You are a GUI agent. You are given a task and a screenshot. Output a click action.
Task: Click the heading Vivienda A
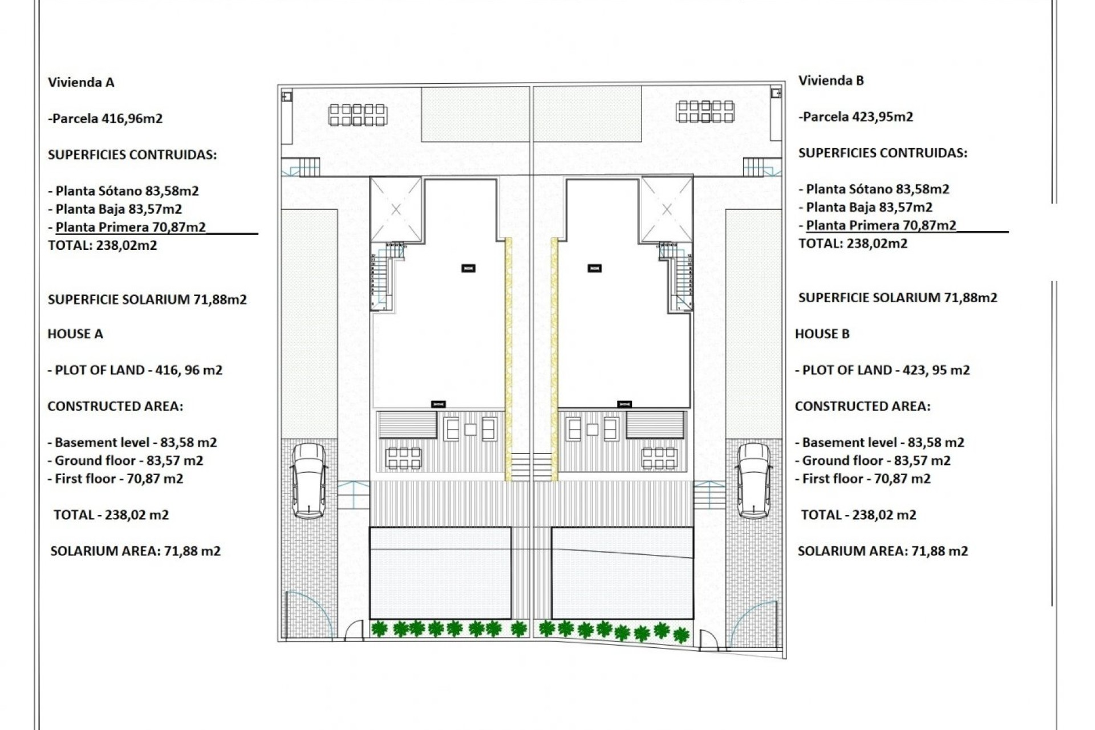[81, 83]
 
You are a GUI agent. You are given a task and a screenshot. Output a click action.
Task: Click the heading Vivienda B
[830, 81]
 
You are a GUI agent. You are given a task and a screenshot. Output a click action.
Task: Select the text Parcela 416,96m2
[106, 119]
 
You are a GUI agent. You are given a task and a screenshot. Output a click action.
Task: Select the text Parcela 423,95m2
[856, 117]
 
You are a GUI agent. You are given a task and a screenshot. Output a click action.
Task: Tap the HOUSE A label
[75, 334]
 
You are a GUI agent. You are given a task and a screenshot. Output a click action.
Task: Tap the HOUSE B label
[822, 334]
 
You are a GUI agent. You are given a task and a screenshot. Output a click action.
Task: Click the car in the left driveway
[309, 481]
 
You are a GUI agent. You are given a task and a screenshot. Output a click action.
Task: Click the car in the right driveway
[753, 481]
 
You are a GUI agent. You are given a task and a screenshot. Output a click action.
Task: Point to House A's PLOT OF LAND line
[135, 370]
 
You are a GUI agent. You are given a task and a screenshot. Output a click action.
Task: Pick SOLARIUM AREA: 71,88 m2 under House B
[882, 551]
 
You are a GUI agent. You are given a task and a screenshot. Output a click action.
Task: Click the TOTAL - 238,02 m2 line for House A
[111, 515]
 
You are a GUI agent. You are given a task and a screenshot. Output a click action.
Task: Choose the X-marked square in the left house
[396, 210]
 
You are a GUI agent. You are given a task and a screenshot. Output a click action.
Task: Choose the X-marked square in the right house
[667, 210]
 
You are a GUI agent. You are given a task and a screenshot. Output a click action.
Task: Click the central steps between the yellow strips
[531, 467]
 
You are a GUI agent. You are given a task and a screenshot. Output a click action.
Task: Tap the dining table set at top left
[358, 115]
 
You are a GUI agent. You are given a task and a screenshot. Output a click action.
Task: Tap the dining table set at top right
[705, 111]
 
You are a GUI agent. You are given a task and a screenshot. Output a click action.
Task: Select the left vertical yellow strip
[508, 359]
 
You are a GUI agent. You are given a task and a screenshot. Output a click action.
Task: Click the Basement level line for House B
[879, 443]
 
